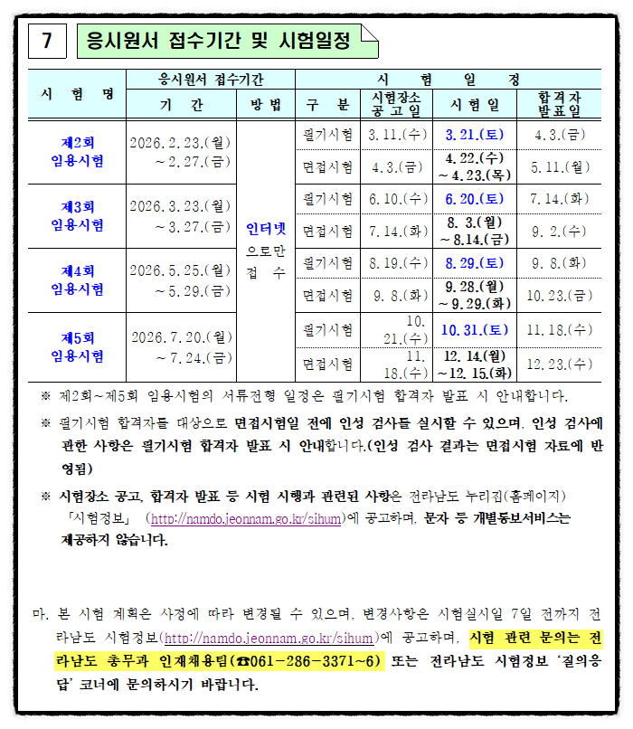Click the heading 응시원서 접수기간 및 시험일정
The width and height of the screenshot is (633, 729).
[x=216, y=41]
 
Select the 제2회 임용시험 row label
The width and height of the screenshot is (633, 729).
[x=77, y=152]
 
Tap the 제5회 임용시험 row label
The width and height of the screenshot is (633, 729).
[x=77, y=346]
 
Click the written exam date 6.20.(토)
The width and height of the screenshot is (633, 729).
[x=475, y=198]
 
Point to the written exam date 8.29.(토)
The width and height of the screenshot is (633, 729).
[x=475, y=263]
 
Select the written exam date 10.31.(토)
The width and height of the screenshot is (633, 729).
[x=475, y=330]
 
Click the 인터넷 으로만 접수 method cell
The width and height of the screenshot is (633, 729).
[x=266, y=250]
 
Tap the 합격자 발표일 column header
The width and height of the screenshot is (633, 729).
[x=559, y=103]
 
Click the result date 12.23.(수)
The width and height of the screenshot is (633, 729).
[x=559, y=364]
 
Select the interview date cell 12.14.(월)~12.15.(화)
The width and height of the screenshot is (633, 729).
[x=475, y=364]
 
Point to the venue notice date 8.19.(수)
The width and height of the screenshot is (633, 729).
[x=398, y=263]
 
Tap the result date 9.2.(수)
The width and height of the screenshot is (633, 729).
[x=559, y=231]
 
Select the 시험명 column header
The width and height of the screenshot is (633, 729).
[x=77, y=93]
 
